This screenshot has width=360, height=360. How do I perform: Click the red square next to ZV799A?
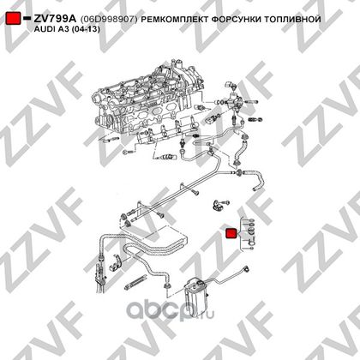[x=14, y=18]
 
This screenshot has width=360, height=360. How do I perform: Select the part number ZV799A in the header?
[x=55, y=19]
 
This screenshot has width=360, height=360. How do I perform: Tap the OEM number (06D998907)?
[x=109, y=20]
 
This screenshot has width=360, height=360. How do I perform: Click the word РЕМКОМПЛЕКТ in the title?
[x=175, y=20]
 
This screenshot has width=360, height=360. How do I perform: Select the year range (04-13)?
[x=86, y=29]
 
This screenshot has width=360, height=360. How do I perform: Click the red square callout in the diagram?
[x=231, y=233]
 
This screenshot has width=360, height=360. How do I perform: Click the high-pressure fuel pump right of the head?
[x=234, y=100]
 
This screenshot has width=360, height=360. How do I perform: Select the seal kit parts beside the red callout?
[x=249, y=234]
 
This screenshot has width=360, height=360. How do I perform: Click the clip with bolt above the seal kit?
[x=220, y=204]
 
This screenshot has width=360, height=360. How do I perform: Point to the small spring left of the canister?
[x=135, y=281]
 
